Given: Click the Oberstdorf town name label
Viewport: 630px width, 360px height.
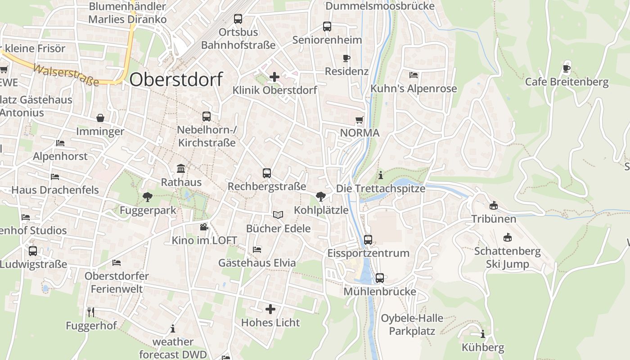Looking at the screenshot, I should point(176,80).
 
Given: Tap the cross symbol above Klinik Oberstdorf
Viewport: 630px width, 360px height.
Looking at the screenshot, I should point(274,77).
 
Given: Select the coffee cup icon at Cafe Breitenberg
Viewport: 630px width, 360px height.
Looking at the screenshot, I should point(567,69).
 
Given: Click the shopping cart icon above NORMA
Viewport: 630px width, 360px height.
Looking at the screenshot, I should point(359,120).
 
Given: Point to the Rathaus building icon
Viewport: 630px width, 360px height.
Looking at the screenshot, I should point(181,169).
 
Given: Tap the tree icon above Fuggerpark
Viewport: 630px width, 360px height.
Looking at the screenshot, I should point(147,197).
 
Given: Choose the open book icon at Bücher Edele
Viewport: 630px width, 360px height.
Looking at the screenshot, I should point(278,215).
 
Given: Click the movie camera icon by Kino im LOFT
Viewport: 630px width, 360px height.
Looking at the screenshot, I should point(204,227).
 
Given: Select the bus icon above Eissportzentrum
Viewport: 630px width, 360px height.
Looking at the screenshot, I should point(368,239).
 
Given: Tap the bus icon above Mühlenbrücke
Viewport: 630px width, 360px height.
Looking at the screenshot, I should point(380,278).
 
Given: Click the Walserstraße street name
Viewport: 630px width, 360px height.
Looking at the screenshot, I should point(66,75).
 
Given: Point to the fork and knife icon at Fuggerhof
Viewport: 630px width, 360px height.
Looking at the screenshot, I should point(91,312).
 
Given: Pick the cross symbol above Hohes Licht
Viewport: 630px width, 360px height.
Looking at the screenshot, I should point(270,309).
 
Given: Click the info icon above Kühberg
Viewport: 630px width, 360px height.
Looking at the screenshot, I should point(483,334).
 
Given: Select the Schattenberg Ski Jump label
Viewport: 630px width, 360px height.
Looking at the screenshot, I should point(508,257).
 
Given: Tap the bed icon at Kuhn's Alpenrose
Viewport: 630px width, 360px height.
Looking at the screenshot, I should point(414,75).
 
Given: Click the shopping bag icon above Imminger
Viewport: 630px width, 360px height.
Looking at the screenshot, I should point(100,118).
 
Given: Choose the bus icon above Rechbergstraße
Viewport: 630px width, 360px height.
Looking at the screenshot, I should point(267,173).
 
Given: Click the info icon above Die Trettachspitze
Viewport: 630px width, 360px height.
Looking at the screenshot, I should point(381,175).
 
